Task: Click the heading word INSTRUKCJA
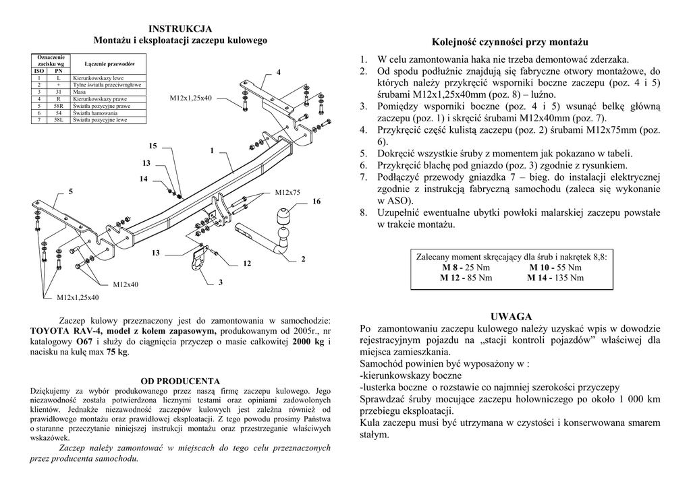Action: pyautogui.click(x=180, y=28)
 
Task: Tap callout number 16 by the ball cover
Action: pyautogui.click(x=316, y=202)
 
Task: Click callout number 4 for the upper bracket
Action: pyautogui.click(x=279, y=72)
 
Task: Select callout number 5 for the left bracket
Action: pyautogui.click(x=71, y=192)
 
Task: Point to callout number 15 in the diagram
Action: pyautogui.click(x=153, y=146)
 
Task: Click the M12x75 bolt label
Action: pyautogui.click(x=288, y=193)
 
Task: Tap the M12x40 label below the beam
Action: pyautogui.click(x=126, y=284)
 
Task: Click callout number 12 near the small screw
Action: pyautogui.click(x=246, y=263)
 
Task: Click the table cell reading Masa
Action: pyautogui.click(x=80, y=92)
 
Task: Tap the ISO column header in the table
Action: pyautogui.click(x=39, y=71)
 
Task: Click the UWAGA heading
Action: pyautogui.click(x=511, y=316)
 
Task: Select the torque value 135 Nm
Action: pyautogui.click(x=568, y=277)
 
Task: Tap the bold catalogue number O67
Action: pyautogui.click(x=84, y=342)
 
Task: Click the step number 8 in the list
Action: pyautogui.click(x=362, y=213)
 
